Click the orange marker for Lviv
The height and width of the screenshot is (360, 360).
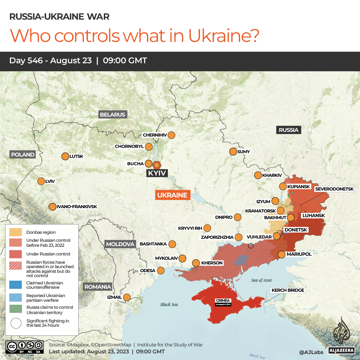[41, 181]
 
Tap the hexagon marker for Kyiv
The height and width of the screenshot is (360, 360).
[157, 165]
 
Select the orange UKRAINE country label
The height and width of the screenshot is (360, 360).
[173, 195]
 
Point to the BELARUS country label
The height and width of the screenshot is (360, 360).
[113, 115]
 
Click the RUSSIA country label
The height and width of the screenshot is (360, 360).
[288, 130]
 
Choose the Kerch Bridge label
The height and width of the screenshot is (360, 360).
[288, 290]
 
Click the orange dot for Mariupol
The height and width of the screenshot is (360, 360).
[281, 254]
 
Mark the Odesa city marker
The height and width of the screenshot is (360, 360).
[161, 270]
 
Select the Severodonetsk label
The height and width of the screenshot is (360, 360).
[334, 189]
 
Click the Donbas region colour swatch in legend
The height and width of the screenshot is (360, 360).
[15, 232]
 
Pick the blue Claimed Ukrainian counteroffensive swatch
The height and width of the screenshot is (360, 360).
[15, 285]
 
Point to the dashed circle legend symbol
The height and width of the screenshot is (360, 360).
[15, 323]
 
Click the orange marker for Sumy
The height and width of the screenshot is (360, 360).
[233, 152]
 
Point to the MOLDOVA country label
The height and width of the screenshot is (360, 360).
[120, 244]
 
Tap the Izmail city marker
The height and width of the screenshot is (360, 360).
[127, 297]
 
